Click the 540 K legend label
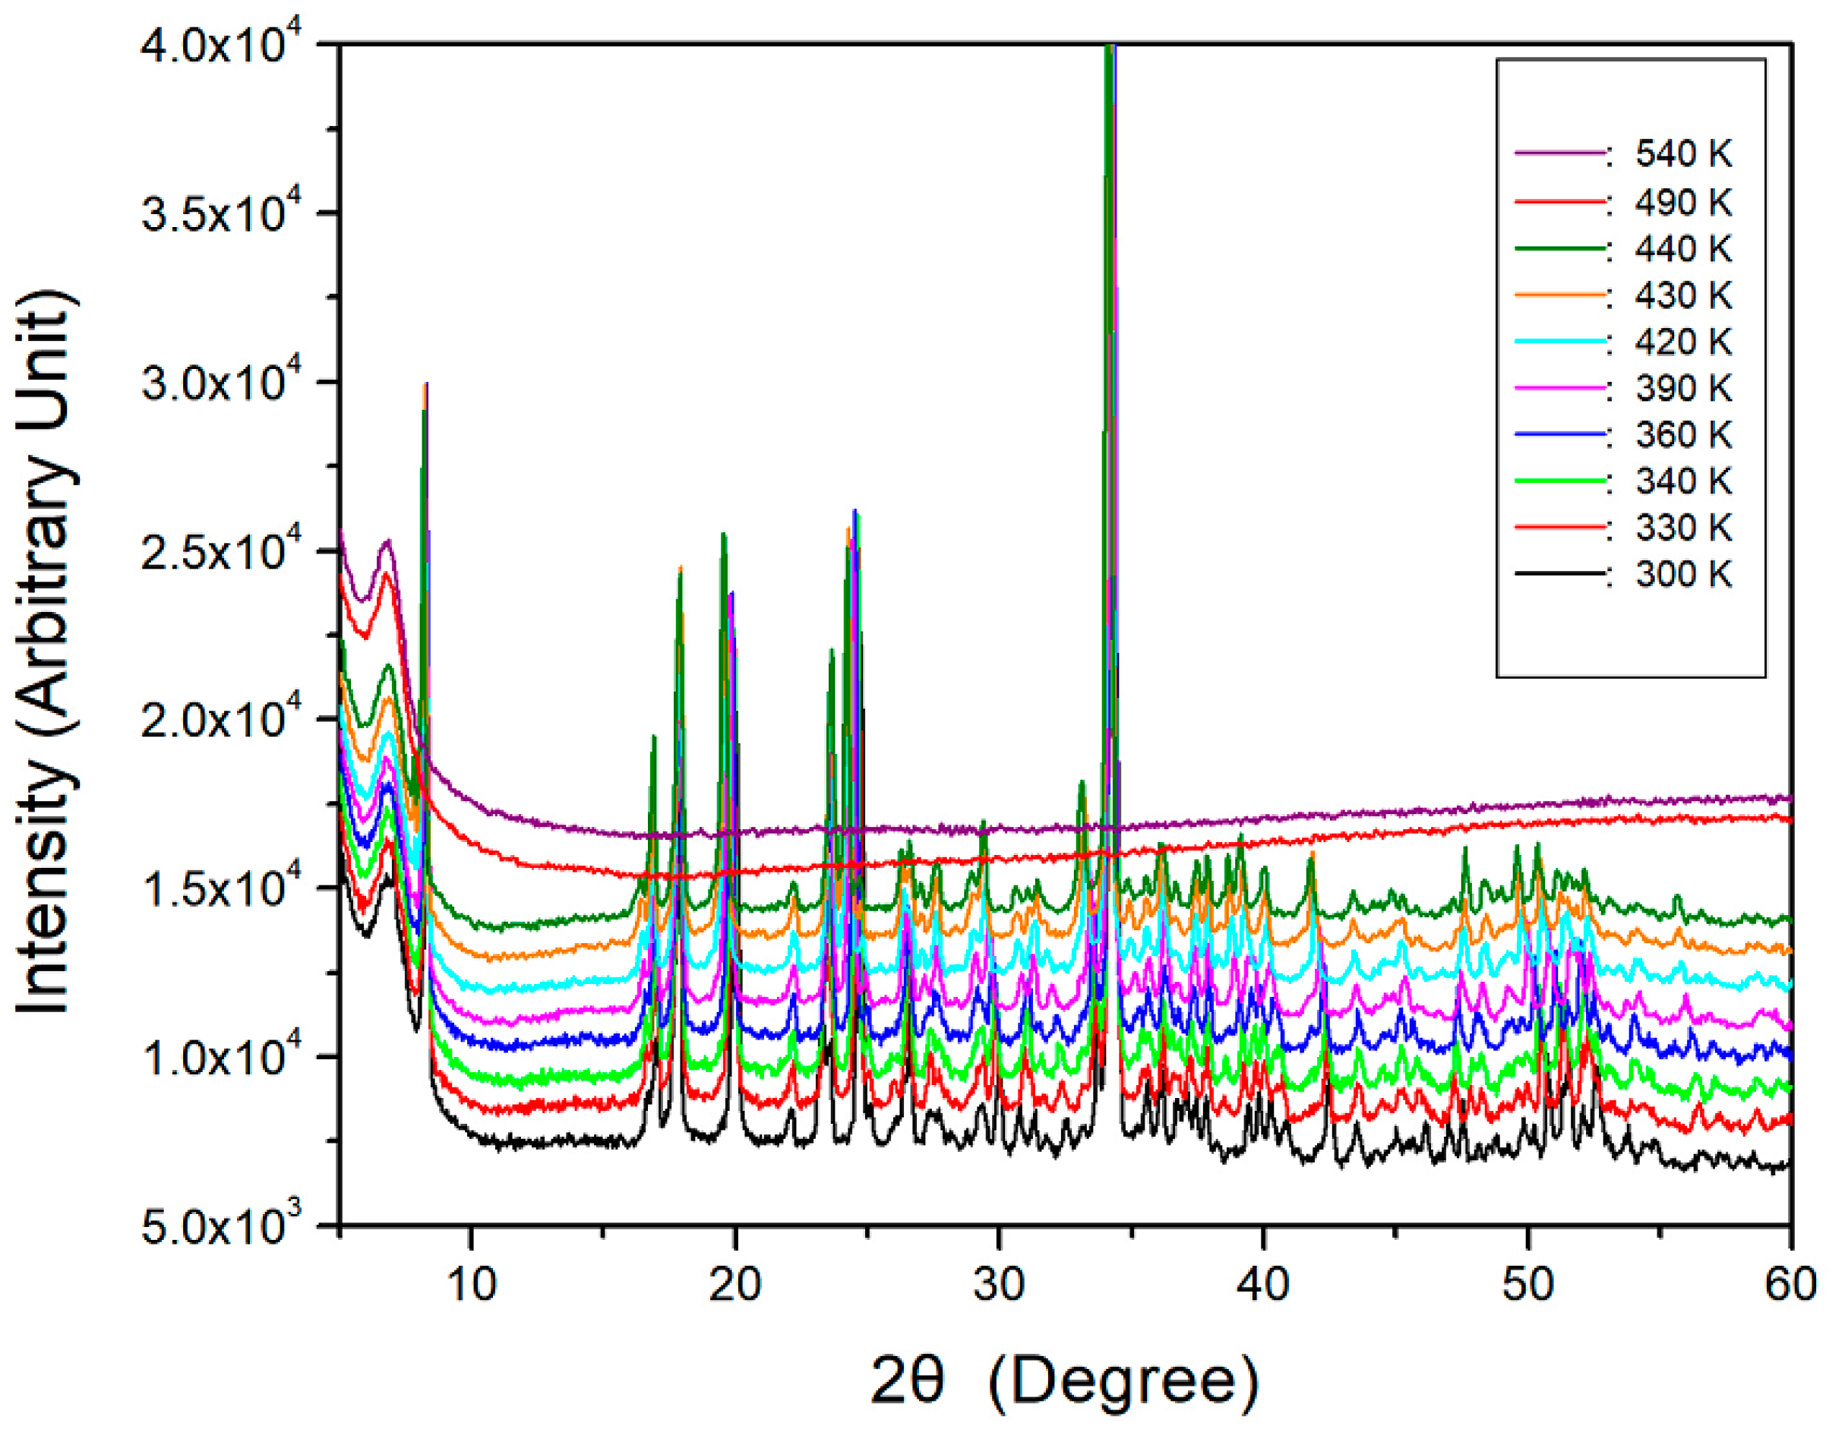coord(1683,155)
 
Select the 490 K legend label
coord(1683,203)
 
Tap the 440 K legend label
coord(1683,248)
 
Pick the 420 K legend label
coord(1683,342)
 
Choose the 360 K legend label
coord(1683,434)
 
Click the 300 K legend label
coord(1683,574)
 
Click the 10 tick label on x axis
coord(472,1284)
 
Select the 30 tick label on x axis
coord(999,1284)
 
